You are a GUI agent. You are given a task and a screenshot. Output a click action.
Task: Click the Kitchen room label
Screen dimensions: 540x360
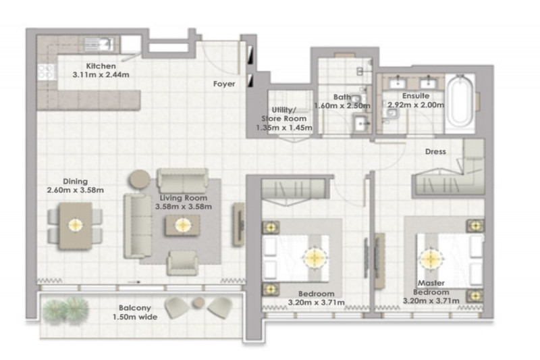[x=101, y=66]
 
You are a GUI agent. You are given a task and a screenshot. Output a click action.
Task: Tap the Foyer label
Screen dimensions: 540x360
[x=224, y=84]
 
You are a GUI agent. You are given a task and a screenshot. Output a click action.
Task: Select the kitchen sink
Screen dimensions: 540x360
[x=99, y=45]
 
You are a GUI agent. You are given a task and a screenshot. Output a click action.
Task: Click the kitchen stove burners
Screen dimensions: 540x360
[x=47, y=72]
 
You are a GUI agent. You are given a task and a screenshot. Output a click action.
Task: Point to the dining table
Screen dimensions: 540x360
[x=76, y=226]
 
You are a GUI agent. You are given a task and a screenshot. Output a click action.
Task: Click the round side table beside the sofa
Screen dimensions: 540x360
[x=140, y=180]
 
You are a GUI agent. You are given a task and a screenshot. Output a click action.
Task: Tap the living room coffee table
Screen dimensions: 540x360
[x=183, y=226]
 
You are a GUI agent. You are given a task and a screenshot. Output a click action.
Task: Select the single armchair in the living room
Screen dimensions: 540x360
[x=182, y=263]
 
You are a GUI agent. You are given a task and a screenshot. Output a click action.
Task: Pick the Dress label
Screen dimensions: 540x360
[x=435, y=151]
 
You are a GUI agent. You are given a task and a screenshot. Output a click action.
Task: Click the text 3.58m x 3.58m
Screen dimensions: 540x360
[x=183, y=207]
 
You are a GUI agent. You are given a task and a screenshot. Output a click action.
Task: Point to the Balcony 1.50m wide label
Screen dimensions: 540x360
[x=135, y=313]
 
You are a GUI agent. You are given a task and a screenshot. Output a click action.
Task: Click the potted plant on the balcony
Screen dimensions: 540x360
[x=66, y=310]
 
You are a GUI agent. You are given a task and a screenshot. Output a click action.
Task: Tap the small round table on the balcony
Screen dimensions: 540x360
[x=198, y=303]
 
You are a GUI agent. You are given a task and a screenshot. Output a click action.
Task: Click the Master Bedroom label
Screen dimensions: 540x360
[x=431, y=288]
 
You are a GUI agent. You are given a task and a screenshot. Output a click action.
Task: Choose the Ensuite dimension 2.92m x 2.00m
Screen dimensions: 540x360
[x=416, y=105]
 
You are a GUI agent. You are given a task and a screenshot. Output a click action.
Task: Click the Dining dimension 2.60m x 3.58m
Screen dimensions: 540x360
[x=76, y=190]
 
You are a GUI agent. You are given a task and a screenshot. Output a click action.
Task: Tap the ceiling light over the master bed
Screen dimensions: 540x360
[x=430, y=259]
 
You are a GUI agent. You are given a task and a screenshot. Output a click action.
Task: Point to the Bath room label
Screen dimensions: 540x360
[x=342, y=97]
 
